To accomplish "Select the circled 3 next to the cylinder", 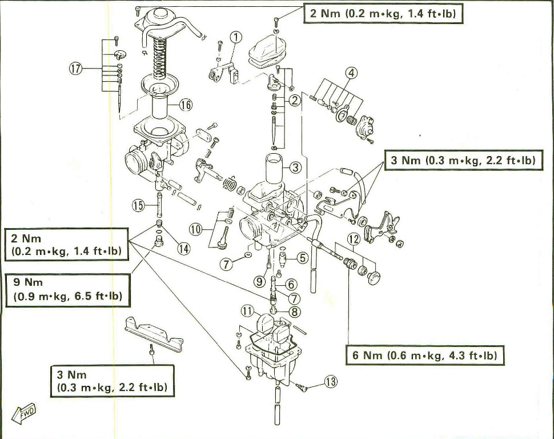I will (x=295, y=167).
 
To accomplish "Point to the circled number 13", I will (x=331, y=382).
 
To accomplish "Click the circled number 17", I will (x=76, y=69).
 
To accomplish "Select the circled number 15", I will (x=138, y=205).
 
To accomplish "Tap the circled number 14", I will (x=184, y=248).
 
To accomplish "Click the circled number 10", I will (x=196, y=230).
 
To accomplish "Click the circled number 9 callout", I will (x=260, y=281).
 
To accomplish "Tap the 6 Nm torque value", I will (x=367, y=356).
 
